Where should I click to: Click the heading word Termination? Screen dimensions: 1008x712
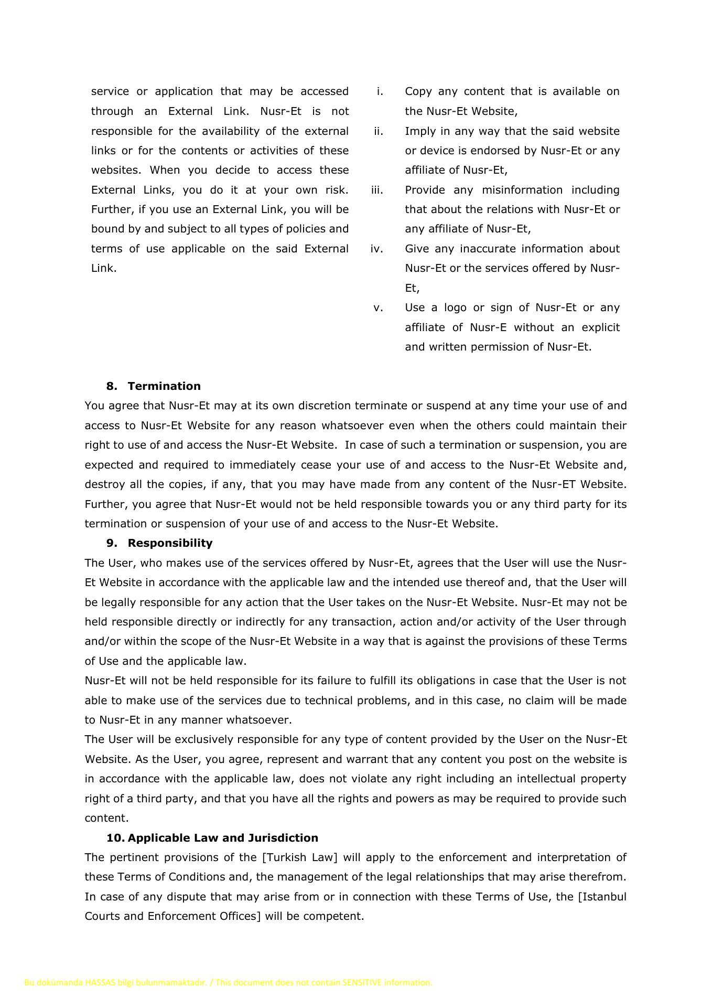[164, 386]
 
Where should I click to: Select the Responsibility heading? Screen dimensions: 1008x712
[170, 543]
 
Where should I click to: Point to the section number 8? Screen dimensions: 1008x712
[111, 386]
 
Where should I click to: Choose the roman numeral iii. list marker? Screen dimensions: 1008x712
[377, 190]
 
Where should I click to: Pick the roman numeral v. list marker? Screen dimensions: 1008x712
[379, 307]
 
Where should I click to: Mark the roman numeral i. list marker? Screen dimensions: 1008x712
[380, 91]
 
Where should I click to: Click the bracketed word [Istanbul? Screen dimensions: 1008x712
[602, 897]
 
